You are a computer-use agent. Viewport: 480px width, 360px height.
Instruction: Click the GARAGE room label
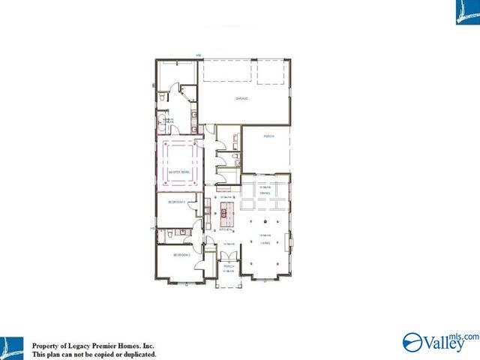click(x=241, y=98)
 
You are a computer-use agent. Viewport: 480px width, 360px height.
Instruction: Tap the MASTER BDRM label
click(x=180, y=172)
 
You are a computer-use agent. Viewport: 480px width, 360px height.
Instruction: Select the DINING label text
click(x=265, y=193)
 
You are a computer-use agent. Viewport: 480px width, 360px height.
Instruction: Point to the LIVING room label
click(x=265, y=242)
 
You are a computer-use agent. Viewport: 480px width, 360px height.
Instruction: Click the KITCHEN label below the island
click(x=223, y=230)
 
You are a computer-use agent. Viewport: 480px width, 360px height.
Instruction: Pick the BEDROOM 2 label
click(x=181, y=255)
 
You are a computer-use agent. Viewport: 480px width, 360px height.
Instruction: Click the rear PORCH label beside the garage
click(x=268, y=137)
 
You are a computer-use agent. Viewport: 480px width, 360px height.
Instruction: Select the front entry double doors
click(x=228, y=256)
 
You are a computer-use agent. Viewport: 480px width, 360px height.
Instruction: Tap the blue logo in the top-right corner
click(x=467, y=13)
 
